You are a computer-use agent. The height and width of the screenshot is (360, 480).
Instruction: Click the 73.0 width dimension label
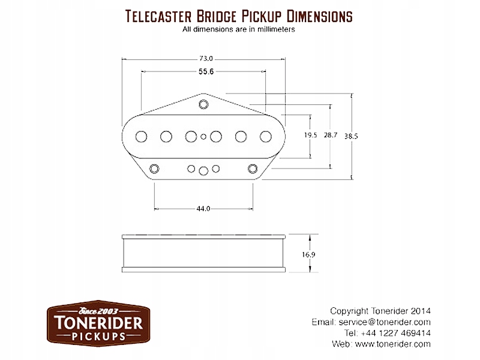[x=206, y=59]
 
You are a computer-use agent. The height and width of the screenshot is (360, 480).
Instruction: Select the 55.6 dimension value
[x=206, y=71]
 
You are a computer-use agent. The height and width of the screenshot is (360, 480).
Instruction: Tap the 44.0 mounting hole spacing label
[x=203, y=209]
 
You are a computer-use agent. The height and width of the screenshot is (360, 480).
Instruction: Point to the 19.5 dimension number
[x=310, y=136]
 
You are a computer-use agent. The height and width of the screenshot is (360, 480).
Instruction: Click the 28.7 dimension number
[x=330, y=136]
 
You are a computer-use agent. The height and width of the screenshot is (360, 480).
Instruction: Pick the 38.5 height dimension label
[x=351, y=136]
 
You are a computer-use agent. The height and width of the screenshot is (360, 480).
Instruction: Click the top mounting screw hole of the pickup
[x=204, y=104]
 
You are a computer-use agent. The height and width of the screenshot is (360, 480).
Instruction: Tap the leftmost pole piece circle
[x=142, y=136]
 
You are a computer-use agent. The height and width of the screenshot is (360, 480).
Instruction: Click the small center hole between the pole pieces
[x=204, y=136]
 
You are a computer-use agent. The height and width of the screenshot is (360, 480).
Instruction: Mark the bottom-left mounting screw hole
[x=155, y=167]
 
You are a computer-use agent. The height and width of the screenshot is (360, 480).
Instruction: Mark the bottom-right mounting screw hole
[x=253, y=167]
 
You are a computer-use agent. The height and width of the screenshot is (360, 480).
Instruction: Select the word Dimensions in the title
[x=316, y=16]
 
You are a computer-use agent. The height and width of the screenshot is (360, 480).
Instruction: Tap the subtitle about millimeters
[x=238, y=29]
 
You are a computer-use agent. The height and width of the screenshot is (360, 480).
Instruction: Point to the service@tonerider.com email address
[x=392, y=322]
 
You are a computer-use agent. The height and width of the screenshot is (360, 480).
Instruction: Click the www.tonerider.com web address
[x=393, y=344]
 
